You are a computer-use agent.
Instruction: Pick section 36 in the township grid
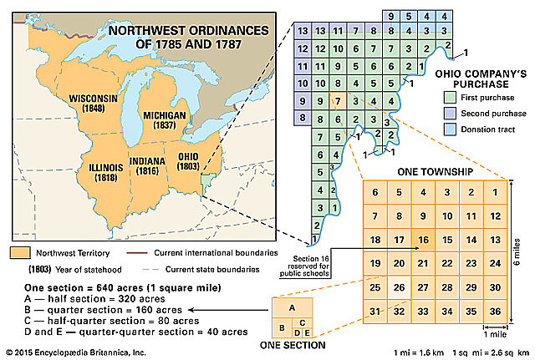point(496,312)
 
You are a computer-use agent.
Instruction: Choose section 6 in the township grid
point(376,193)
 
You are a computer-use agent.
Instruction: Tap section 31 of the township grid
point(376,312)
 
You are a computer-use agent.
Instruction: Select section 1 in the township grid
point(496,193)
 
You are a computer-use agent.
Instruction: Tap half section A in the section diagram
point(292,306)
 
